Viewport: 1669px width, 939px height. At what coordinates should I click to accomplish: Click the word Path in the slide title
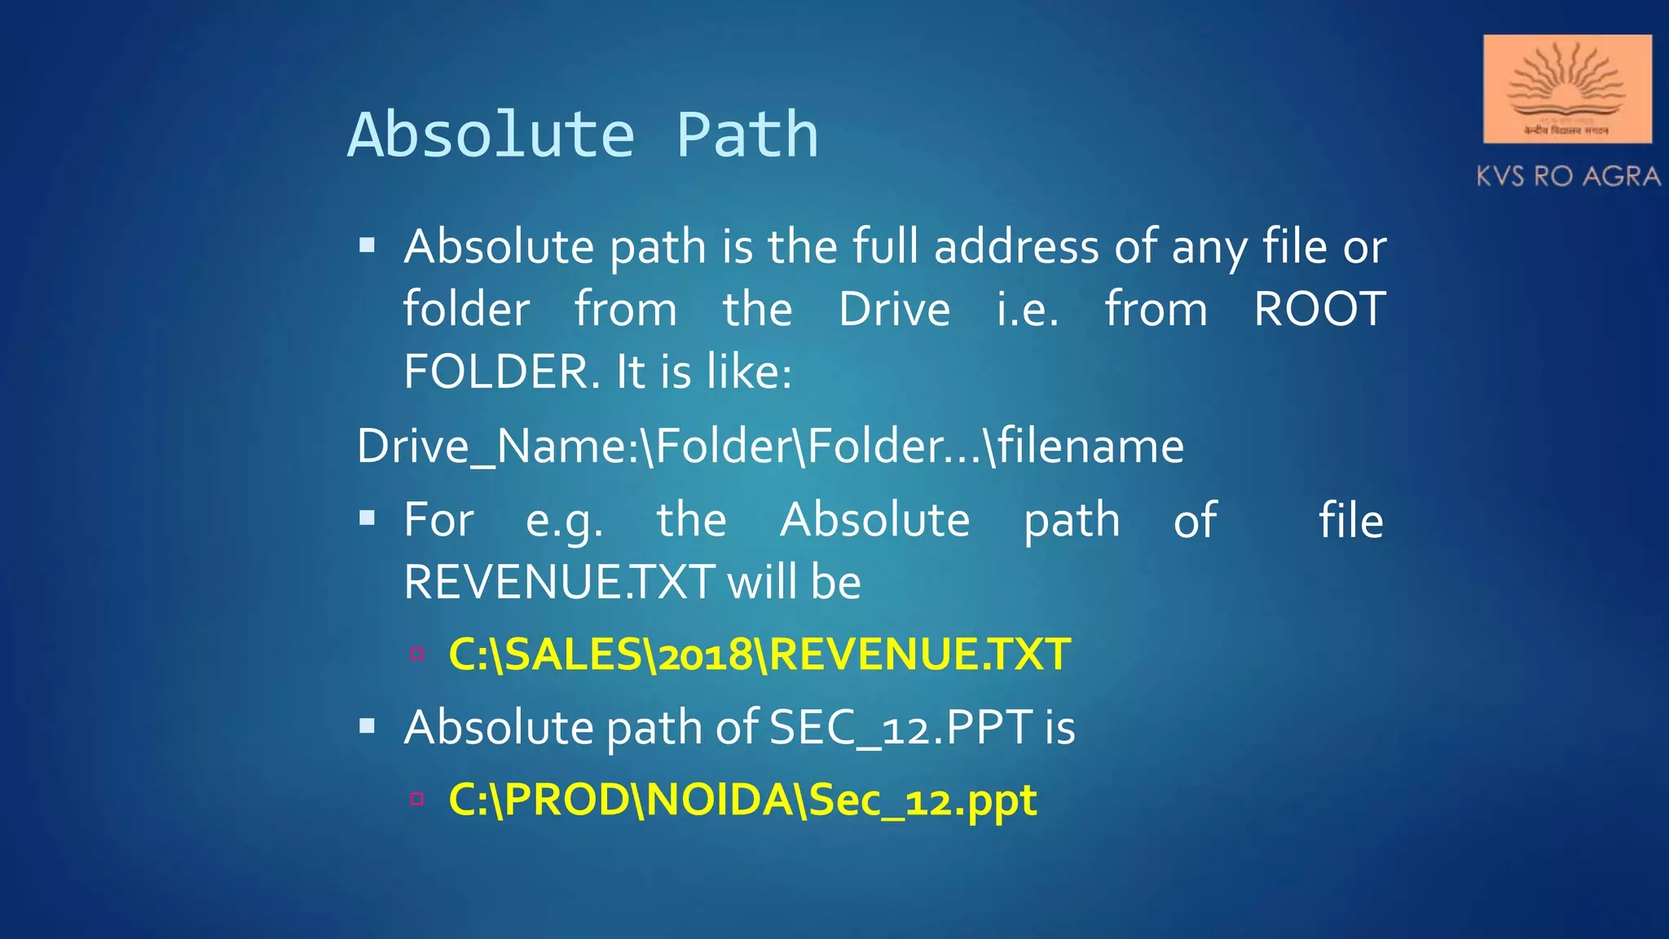pyautogui.click(x=746, y=135)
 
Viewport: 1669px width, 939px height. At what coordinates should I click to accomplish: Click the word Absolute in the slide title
pyautogui.click(x=491, y=135)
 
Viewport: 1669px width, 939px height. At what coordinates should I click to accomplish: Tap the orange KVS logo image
pyautogui.click(x=1566, y=89)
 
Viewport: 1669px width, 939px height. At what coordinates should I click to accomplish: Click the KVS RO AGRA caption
pyautogui.click(x=1568, y=176)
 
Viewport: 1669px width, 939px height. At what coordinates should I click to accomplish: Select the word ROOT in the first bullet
pyautogui.click(x=1319, y=310)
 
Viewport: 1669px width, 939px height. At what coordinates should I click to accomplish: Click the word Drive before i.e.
pyautogui.click(x=894, y=310)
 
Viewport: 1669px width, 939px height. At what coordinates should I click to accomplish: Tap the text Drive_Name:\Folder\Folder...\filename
pyautogui.click(x=770, y=447)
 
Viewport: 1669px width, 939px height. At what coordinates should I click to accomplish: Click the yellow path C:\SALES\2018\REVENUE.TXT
pyautogui.click(x=760, y=655)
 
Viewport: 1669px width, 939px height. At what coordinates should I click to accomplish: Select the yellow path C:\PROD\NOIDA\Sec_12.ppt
pyautogui.click(x=742, y=800)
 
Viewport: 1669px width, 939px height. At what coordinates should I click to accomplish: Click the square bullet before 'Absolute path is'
pyautogui.click(x=368, y=245)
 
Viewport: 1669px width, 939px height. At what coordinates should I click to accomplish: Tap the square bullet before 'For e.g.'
pyautogui.click(x=368, y=518)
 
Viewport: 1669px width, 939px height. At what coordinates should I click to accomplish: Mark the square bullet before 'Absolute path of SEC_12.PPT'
pyautogui.click(x=368, y=725)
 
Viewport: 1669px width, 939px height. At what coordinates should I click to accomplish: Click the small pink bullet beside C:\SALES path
pyautogui.click(x=417, y=653)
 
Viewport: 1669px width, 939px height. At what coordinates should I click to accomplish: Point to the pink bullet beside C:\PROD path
pyautogui.click(x=417, y=799)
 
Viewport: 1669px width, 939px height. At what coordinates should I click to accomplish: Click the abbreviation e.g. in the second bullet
pyautogui.click(x=564, y=521)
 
